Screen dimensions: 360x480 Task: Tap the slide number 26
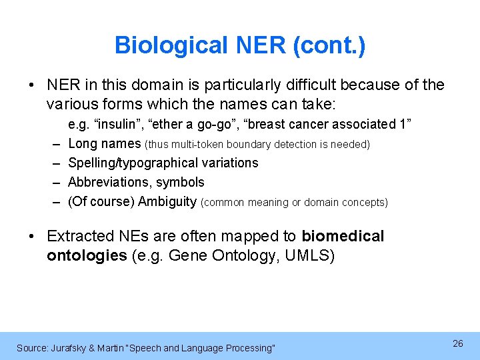(x=457, y=343)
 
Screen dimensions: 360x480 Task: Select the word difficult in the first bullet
(x=308, y=85)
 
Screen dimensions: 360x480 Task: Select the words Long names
(x=105, y=143)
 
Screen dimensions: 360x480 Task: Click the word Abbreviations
(x=109, y=182)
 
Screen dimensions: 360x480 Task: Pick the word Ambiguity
(x=167, y=201)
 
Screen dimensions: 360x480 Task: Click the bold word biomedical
(x=343, y=236)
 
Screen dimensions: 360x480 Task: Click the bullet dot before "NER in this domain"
(x=32, y=85)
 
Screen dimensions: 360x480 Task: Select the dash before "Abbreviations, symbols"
(x=53, y=182)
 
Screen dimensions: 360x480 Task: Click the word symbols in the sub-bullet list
(x=181, y=182)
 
